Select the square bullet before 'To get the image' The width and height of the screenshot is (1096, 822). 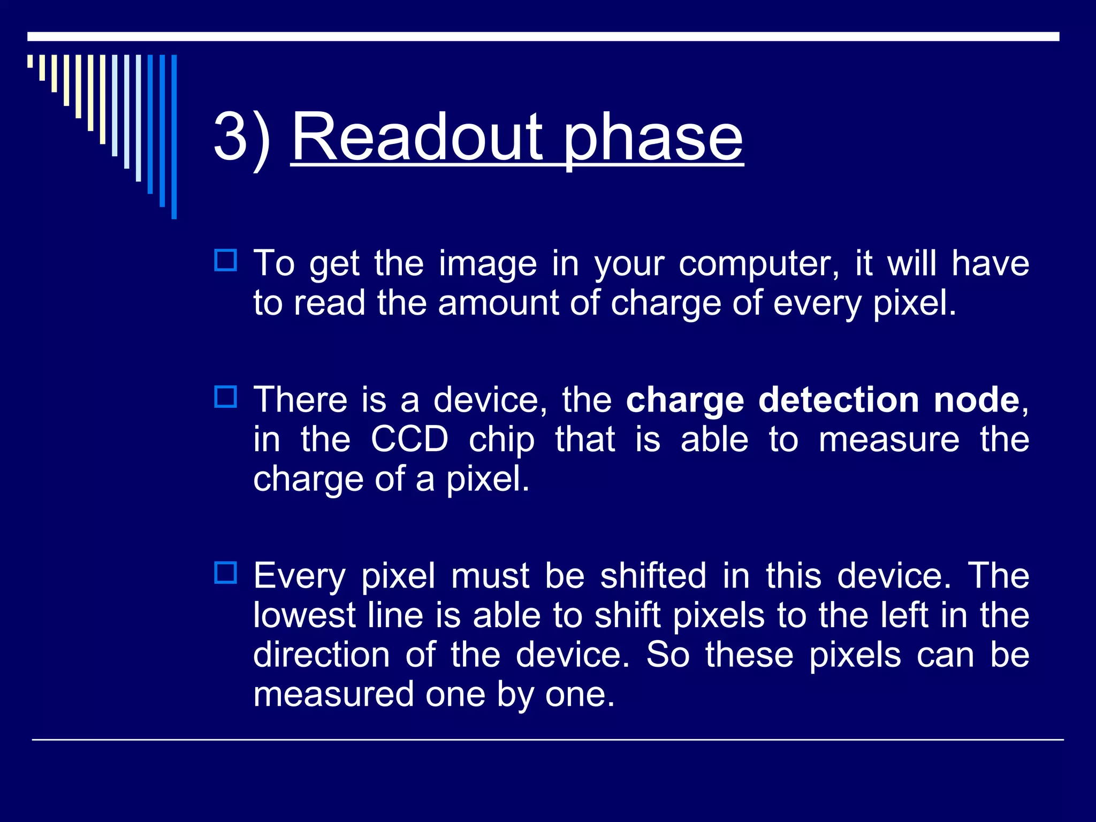pos(225,261)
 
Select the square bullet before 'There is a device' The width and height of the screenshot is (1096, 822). pos(225,397)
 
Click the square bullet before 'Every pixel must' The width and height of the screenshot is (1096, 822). pos(225,573)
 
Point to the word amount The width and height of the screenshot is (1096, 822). pos(498,303)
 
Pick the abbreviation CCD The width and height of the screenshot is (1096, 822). pos(409,439)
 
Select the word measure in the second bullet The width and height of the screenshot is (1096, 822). pos(889,439)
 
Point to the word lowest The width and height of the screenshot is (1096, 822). pos(304,615)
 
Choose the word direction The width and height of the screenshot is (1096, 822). pos(321,654)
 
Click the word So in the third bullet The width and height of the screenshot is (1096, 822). pos(667,654)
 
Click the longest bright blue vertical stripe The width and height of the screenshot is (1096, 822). pos(174,136)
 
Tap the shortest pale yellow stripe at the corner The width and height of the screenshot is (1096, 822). pos(30,61)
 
